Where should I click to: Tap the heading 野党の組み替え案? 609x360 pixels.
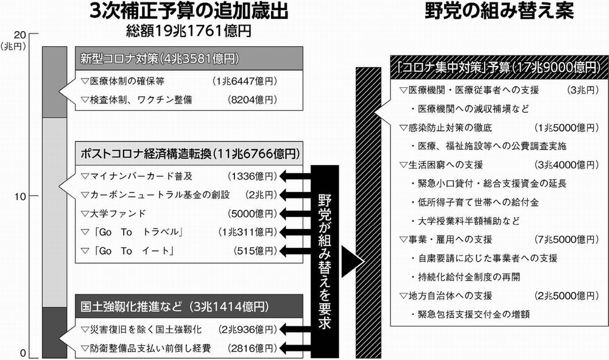496,11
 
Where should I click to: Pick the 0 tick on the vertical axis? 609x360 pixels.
22,353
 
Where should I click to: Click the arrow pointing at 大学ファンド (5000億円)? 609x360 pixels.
295,214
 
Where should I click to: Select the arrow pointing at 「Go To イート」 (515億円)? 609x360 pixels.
295,251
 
